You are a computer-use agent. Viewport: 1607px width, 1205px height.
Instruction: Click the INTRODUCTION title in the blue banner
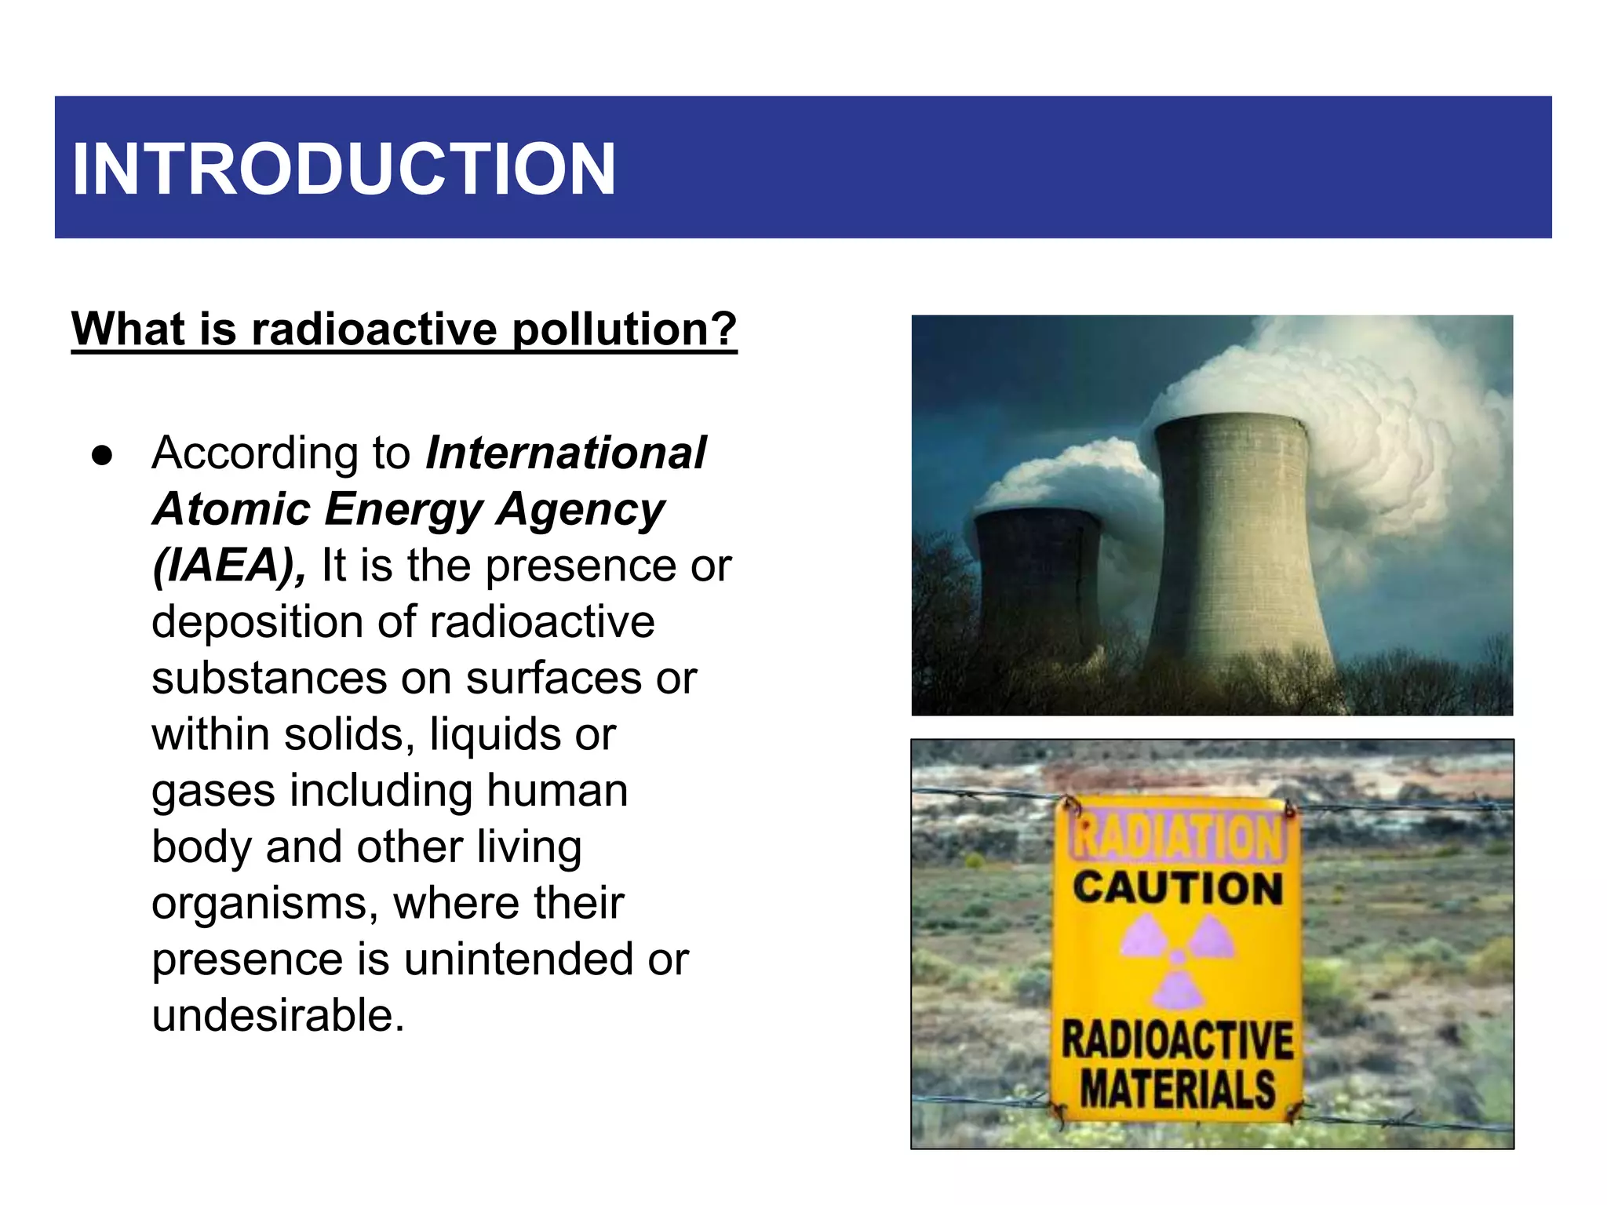[343, 169]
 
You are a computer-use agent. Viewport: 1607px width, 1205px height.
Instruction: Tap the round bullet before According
[102, 456]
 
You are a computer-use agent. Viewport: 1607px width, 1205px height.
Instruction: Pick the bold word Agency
[581, 509]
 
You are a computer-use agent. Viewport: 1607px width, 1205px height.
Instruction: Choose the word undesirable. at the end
[278, 1015]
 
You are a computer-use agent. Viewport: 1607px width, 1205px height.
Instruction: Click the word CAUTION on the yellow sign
[1177, 888]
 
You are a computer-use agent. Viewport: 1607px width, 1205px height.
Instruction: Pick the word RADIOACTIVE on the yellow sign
[1177, 1040]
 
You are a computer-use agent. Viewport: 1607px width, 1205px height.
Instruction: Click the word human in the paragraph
[556, 790]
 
